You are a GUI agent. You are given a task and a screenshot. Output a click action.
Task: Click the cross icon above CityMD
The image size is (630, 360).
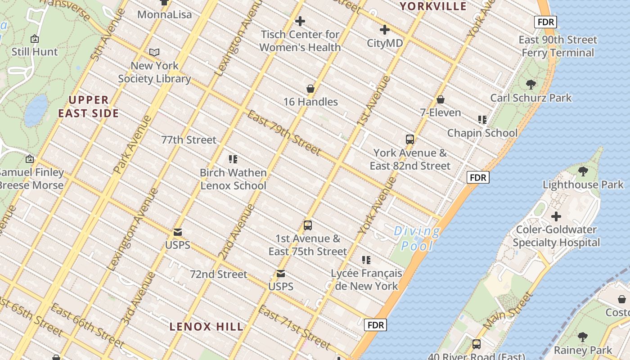[x=384, y=30]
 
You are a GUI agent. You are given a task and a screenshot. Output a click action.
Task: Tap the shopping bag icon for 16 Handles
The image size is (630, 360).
[x=310, y=89]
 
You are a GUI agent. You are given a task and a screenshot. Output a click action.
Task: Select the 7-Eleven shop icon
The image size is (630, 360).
[x=441, y=99]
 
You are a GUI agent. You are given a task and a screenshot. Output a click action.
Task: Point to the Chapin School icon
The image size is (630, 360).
[x=482, y=120]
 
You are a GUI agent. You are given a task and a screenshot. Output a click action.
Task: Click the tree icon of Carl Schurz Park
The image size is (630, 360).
[x=531, y=84]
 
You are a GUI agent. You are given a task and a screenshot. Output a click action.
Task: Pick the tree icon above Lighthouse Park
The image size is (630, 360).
[x=583, y=171]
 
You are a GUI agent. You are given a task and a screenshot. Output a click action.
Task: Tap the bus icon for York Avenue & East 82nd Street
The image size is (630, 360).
[x=410, y=139]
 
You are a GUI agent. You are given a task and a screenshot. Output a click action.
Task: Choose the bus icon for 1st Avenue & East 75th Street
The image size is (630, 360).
[x=308, y=225]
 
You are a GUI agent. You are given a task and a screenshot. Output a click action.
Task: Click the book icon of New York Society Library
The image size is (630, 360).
[x=154, y=53]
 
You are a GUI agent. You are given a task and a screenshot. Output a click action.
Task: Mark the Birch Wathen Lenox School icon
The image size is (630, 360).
[x=233, y=159]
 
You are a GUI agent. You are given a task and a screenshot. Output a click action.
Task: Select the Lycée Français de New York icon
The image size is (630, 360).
[x=366, y=260]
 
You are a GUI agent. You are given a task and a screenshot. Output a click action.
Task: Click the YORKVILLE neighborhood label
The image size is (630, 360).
[x=433, y=6]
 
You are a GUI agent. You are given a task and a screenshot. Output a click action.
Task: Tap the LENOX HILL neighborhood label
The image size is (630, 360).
[x=207, y=327]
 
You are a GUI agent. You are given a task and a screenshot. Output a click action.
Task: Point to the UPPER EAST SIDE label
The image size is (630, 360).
[x=89, y=107]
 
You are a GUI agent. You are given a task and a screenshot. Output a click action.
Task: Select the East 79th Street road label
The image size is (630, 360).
[x=283, y=132]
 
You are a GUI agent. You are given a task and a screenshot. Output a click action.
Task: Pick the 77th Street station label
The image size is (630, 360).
[x=189, y=140]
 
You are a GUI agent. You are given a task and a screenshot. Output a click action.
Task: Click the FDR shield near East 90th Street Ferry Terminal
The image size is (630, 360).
[x=546, y=22]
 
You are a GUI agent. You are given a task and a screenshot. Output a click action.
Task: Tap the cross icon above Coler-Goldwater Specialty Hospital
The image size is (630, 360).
[x=556, y=216]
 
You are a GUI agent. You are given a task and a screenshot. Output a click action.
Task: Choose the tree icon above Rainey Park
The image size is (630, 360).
[x=583, y=337]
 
